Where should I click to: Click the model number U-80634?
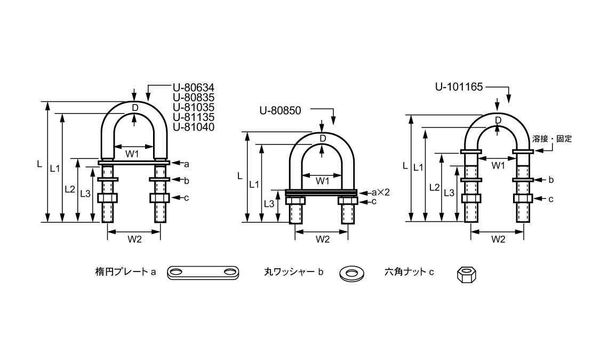(194, 87)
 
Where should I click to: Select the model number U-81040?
(194, 127)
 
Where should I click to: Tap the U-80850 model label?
(280, 110)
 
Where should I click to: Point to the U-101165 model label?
(459, 87)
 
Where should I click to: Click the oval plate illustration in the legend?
(203, 273)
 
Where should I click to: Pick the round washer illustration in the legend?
(351, 273)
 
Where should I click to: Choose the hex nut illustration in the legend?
(467, 274)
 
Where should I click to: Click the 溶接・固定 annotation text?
(552, 139)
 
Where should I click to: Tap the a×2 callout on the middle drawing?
(380, 192)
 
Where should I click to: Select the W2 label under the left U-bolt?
(134, 239)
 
